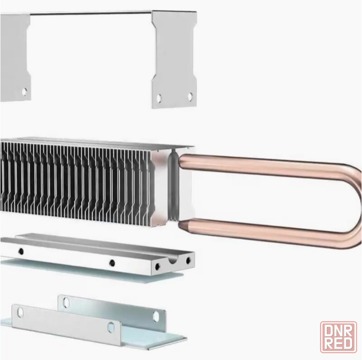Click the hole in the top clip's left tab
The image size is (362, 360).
24,92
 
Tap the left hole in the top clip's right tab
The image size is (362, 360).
159,98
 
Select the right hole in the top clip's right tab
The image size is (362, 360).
190,97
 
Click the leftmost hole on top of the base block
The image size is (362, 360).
21,251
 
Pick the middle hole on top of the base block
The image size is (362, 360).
112,263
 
